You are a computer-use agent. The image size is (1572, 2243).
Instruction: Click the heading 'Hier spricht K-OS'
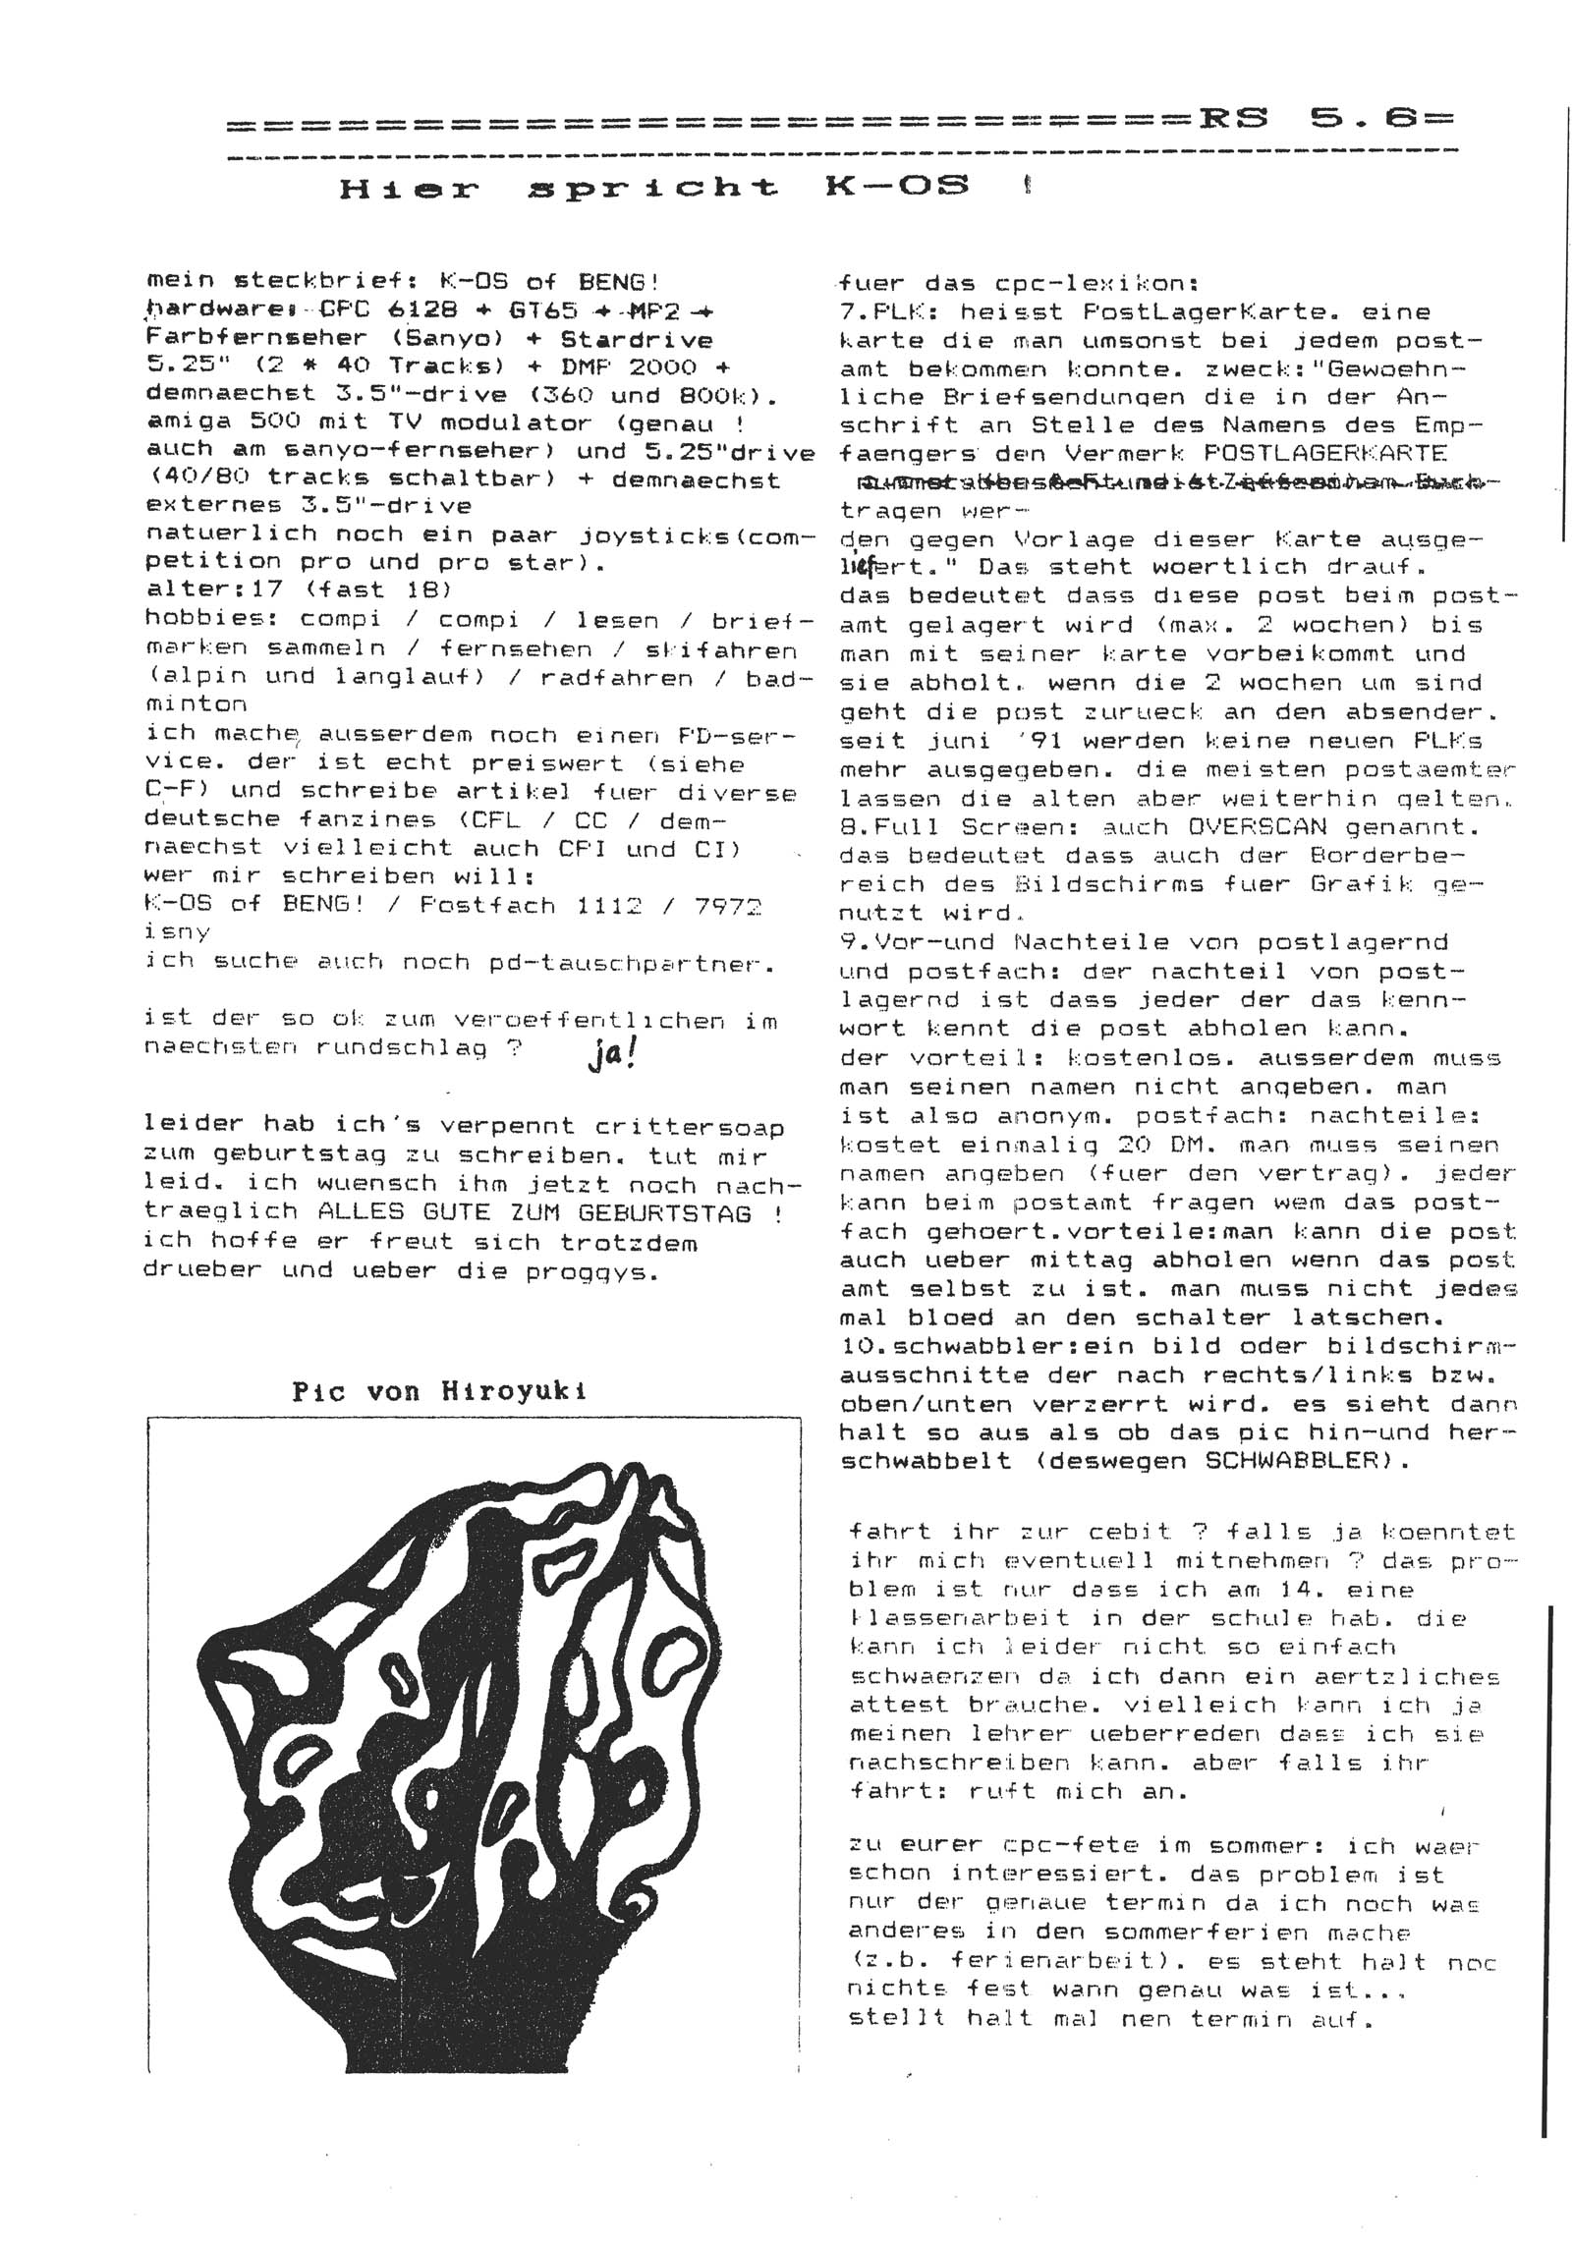click(x=653, y=188)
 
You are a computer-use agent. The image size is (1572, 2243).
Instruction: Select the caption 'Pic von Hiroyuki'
click(x=439, y=1391)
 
